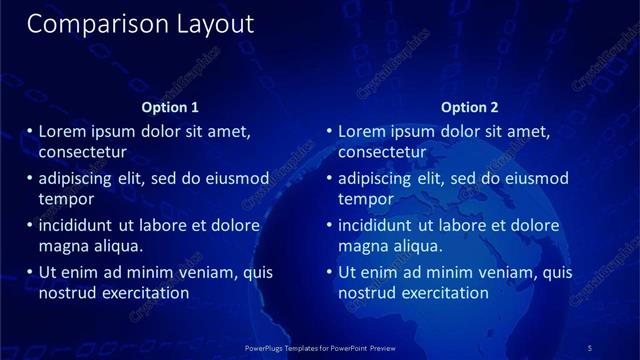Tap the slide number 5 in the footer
(x=590, y=348)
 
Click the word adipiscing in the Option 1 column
(x=79, y=179)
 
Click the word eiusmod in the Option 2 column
(x=536, y=179)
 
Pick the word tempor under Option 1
(x=66, y=199)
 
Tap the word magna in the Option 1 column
(x=62, y=246)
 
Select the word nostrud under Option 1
(x=65, y=293)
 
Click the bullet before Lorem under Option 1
(x=30, y=132)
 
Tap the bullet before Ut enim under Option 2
(x=330, y=273)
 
